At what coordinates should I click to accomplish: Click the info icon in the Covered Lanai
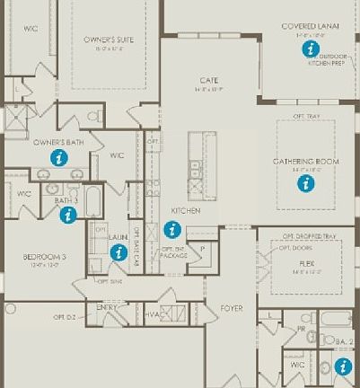[311, 48]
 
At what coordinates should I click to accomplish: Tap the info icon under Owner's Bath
[59, 157]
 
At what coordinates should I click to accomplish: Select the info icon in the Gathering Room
[306, 183]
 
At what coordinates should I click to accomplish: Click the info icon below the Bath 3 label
[67, 214]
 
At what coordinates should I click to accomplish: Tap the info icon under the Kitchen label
[172, 229]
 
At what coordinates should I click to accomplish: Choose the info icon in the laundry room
[118, 252]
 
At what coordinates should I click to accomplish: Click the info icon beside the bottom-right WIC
[343, 366]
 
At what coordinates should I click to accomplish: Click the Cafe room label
[208, 81]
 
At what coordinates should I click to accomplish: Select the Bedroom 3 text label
[44, 257]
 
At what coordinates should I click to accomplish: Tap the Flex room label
[307, 264]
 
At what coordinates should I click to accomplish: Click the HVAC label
[153, 315]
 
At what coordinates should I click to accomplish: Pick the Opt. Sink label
[109, 281]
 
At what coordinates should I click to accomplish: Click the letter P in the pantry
[202, 249]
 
